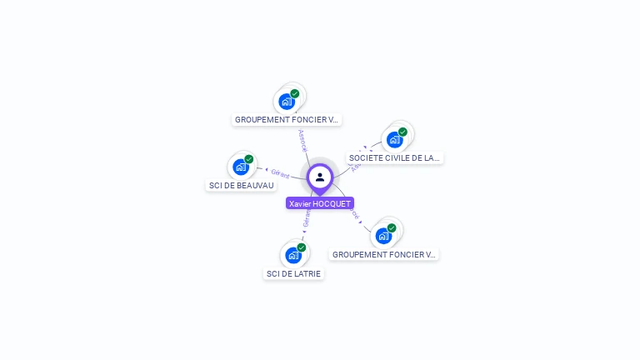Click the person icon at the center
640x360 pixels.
tap(320, 177)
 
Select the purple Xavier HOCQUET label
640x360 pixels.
tap(320, 203)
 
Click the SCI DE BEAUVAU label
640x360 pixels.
tap(241, 185)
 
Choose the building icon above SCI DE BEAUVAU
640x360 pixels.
tap(241, 167)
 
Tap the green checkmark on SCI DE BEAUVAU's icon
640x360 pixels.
tap(248, 159)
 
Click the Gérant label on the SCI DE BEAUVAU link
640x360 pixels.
tap(280, 173)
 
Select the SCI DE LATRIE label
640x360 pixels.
tap(293, 273)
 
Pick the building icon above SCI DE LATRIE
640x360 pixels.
tap(292, 255)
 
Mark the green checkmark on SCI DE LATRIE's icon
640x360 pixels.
tap(301, 247)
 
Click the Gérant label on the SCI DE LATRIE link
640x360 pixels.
tap(307, 219)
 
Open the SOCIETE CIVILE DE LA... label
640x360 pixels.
tap(394, 157)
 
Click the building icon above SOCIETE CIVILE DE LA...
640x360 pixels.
tap(394, 139)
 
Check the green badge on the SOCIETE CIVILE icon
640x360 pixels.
tap(402, 132)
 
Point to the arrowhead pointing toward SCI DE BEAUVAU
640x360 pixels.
tap(266, 171)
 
